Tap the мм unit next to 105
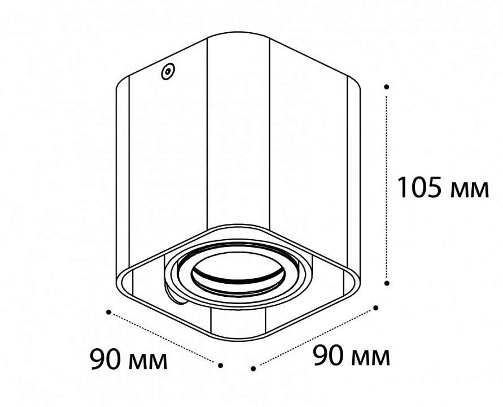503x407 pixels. tap(470, 190)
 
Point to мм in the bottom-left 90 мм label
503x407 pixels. tap(148, 362)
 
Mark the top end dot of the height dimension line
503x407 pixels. tap(387, 86)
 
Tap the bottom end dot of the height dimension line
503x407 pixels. tap(387, 283)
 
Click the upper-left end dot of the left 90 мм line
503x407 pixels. tap(109, 312)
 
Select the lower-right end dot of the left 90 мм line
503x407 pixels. tap(220, 365)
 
